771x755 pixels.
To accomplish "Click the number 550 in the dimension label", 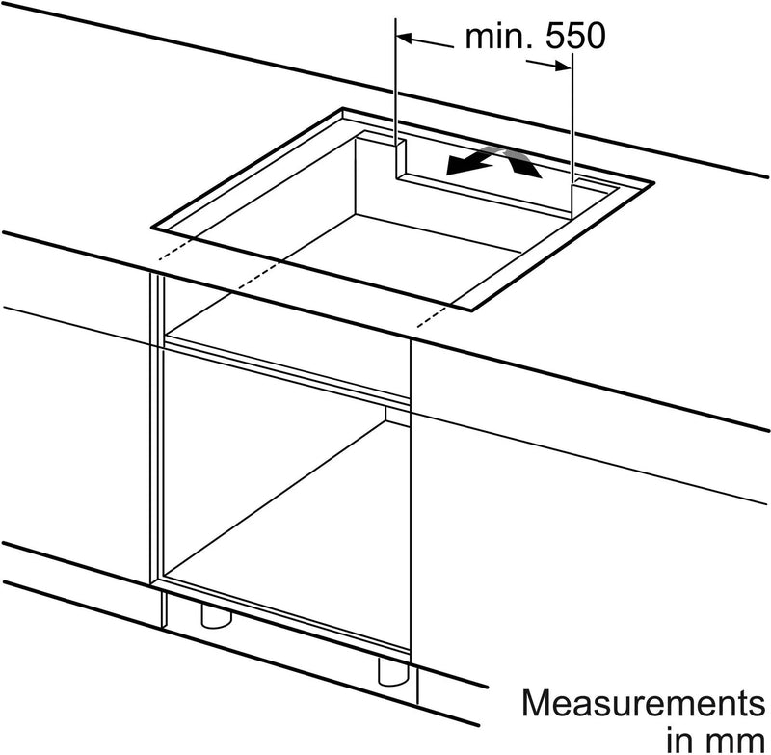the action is [575, 36].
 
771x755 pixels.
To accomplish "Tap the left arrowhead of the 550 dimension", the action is [404, 38].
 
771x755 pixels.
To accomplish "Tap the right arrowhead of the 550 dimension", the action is [563, 66].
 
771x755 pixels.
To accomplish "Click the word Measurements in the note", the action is [644, 703].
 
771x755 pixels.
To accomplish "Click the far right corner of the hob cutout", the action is [654, 182].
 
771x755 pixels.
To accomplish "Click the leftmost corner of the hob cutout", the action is [152, 229].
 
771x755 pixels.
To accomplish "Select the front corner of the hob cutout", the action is [471, 310].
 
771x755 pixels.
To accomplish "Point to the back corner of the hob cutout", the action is [343, 108].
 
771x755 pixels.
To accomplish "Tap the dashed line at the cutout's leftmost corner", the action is [173, 250].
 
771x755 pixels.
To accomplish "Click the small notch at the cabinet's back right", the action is [397, 416].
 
